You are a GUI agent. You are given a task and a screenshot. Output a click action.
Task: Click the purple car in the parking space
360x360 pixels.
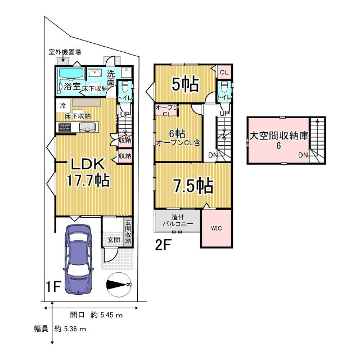click(x=79, y=259)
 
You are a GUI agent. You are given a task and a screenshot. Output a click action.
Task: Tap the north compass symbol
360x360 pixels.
click(x=119, y=285)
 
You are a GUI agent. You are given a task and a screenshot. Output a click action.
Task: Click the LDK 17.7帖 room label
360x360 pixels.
click(x=88, y=173)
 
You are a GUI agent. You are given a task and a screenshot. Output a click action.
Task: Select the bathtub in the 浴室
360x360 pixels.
click(x=71, y=73)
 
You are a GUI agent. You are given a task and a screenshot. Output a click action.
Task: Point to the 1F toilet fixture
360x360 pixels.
click(x=125, y=87)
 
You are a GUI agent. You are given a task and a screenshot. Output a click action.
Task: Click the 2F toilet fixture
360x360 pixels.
click(x=224, y=87)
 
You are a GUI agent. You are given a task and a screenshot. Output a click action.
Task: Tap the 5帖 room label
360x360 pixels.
click(x=185, y=84)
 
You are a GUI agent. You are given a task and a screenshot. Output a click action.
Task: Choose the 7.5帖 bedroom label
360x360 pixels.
click(x=193, y=185)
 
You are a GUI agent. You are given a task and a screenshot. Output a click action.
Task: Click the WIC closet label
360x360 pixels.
click(x=216, y=228)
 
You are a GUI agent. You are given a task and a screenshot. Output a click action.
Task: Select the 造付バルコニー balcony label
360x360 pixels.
click(x=178, y=220)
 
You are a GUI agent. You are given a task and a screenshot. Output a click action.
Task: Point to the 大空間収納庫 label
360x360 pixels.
click(x=279, y=136)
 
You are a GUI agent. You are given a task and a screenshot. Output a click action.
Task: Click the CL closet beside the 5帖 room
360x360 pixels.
click(x=224, y=73)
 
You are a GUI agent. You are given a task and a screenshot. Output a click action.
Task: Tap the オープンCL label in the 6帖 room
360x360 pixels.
click(x=166, y=111)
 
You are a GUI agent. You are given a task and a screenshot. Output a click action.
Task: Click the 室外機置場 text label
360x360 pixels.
click(x=65, y=52)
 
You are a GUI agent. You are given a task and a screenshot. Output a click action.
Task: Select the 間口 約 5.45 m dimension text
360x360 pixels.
click(x=96, y=315)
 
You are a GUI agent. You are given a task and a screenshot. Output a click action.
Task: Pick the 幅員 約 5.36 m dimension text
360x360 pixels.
click(x=60, y=328)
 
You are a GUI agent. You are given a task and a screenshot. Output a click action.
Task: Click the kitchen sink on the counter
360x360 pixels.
click(x=88, y=127)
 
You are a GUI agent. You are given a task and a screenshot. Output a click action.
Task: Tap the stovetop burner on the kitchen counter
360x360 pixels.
click(x=65, y=127)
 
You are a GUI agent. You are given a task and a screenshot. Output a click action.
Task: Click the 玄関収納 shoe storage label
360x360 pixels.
click(x=128, y=232)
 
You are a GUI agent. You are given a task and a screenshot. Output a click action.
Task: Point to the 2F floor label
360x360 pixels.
click(x=163, y=245)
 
